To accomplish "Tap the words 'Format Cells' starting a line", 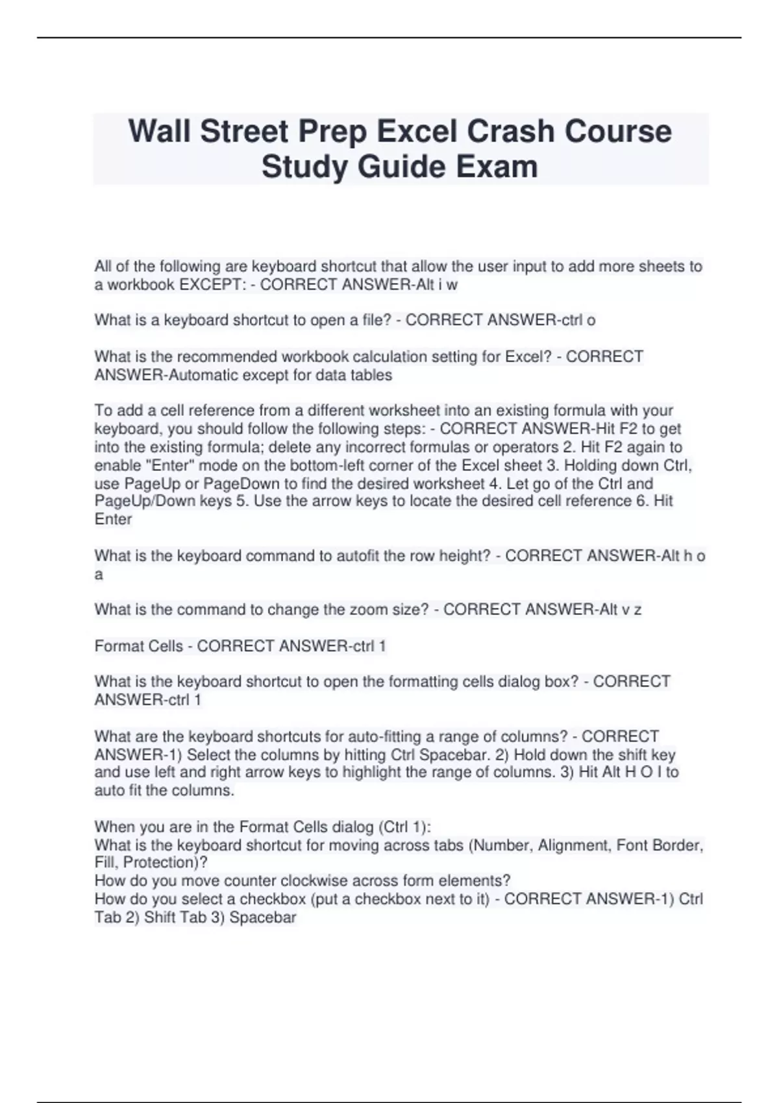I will [x=138, y=646].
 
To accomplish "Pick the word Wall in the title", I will [x=159, y=131].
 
